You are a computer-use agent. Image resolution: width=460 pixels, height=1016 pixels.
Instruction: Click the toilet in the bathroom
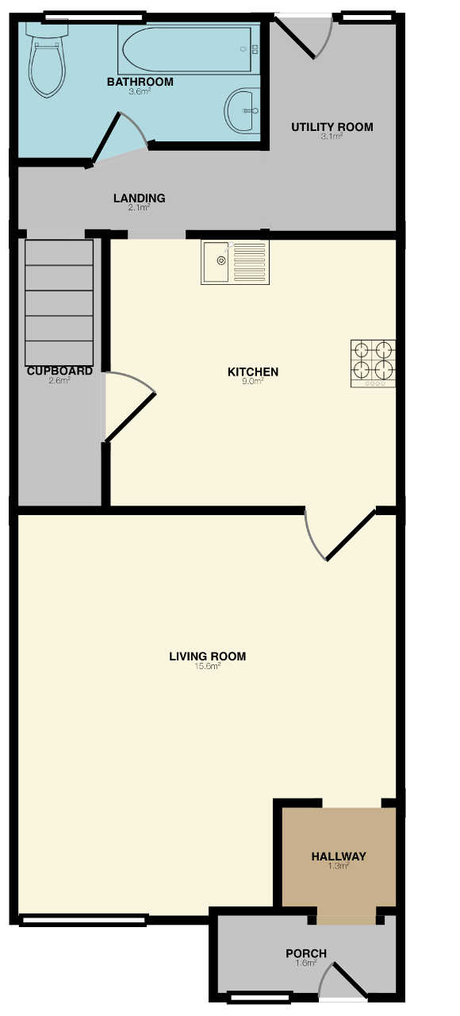point(47,59)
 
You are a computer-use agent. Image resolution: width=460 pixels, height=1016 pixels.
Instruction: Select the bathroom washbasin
point(243,110)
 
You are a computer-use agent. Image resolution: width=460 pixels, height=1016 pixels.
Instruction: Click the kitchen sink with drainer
point(236,262)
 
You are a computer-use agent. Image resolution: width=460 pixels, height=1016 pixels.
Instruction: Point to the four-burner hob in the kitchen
point(373,364)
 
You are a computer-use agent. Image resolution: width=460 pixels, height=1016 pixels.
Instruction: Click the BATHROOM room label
point(140,82)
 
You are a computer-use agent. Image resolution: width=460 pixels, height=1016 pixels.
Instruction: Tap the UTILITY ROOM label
point(332,127)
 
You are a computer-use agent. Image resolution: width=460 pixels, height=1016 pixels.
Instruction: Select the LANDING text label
point(139,198)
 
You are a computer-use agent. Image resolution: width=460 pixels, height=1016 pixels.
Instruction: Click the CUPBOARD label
point(59,371)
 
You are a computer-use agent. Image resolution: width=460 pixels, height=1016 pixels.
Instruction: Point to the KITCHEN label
point(253,372)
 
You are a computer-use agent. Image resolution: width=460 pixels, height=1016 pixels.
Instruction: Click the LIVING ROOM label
point(208,656)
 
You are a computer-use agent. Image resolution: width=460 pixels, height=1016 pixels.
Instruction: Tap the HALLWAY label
point(339,856)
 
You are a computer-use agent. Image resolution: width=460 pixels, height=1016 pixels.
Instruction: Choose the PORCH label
point(306,953)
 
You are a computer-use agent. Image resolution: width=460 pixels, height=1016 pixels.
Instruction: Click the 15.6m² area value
point(208,666)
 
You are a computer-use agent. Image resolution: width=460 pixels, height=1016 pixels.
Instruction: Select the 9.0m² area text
point(253,382)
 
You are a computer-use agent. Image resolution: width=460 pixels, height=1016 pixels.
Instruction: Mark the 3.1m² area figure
point(332,137)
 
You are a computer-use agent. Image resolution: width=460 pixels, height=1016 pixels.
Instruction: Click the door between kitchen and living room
point(350,535)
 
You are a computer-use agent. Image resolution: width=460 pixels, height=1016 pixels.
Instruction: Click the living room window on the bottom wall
point(84,920)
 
